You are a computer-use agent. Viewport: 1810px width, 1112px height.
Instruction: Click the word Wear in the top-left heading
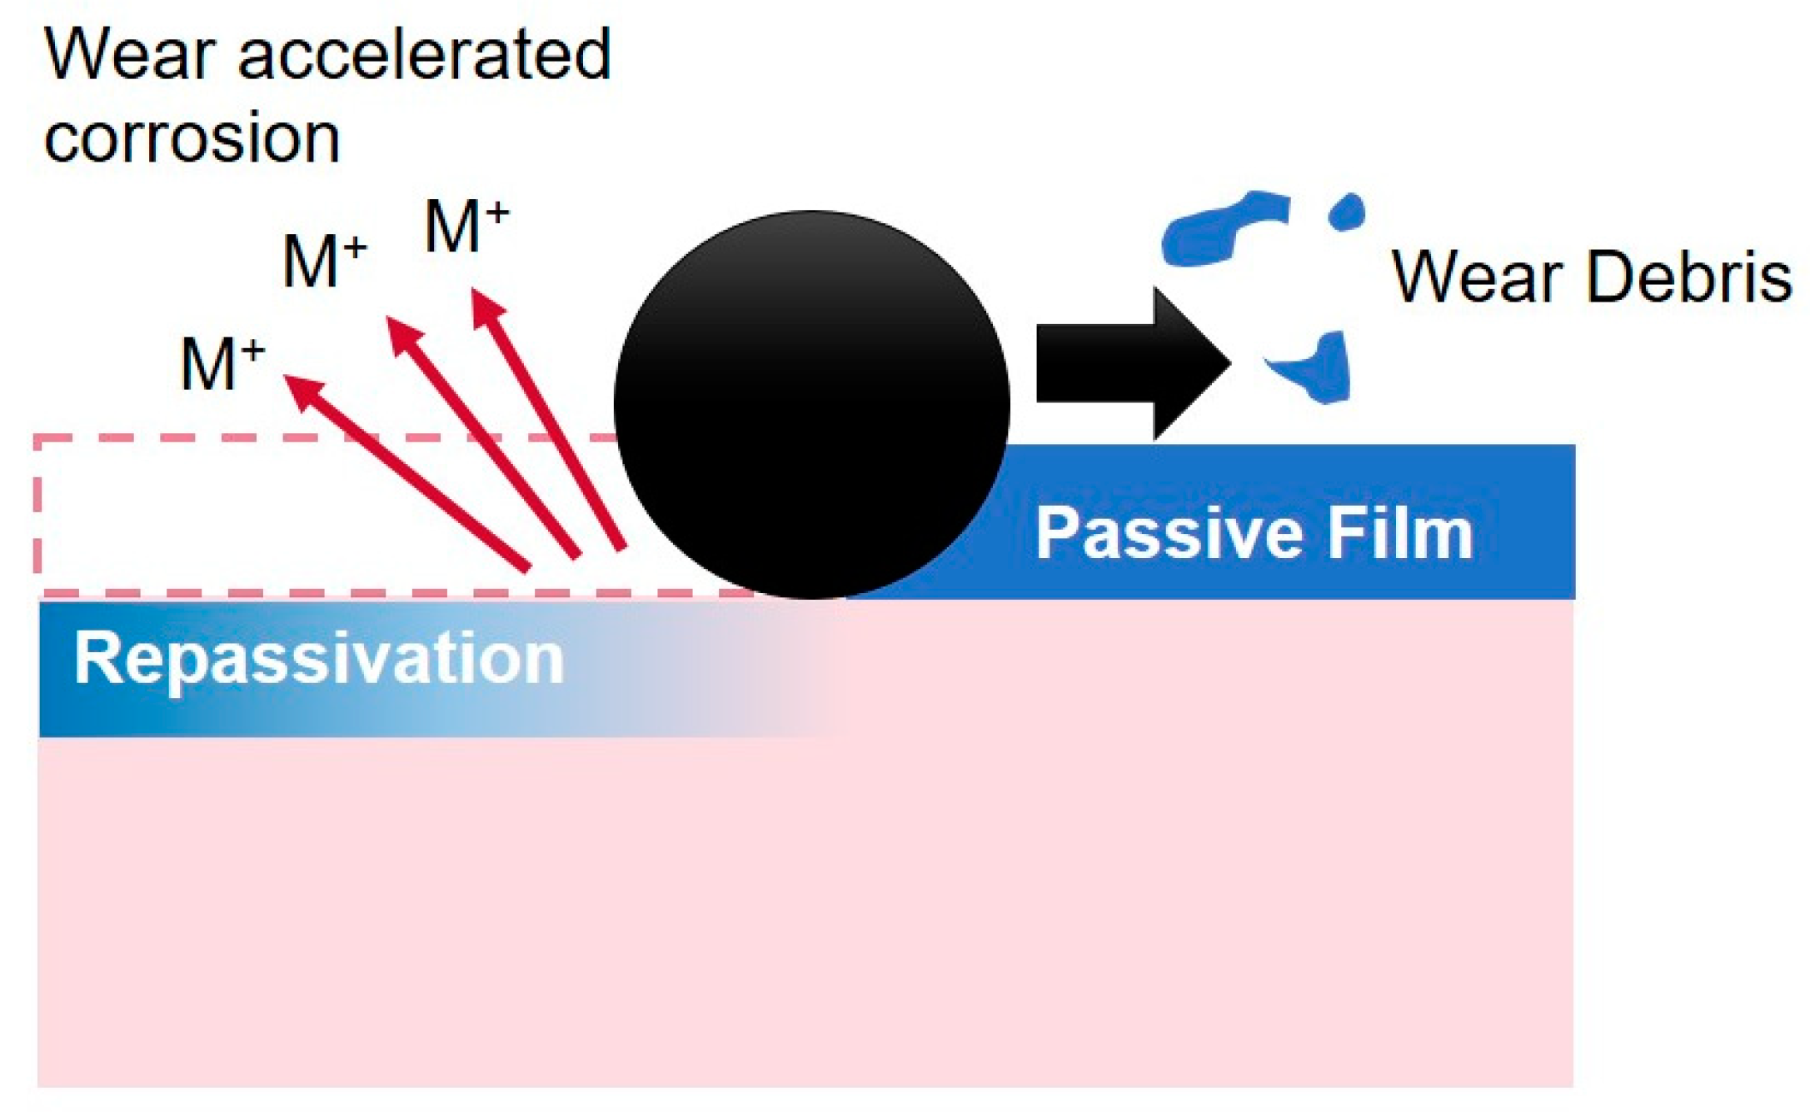point(128,55)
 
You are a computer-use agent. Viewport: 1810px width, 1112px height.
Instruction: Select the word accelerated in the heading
point(425,55)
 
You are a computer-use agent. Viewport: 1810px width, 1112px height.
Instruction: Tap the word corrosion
point(192,137)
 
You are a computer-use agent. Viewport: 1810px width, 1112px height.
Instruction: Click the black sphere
point(812,404)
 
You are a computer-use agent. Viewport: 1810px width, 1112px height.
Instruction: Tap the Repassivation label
point(319,659)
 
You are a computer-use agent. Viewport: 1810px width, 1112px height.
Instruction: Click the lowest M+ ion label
point(222,364)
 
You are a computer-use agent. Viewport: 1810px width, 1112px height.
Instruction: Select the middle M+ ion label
point(324,261)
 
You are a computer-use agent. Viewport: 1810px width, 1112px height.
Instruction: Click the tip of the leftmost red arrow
point(287,379)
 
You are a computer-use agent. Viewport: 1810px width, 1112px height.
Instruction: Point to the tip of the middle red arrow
point(391,321)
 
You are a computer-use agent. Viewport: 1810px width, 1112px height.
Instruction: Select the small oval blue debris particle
point(1345,212)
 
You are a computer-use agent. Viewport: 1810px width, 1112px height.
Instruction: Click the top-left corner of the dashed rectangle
point(37,437)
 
